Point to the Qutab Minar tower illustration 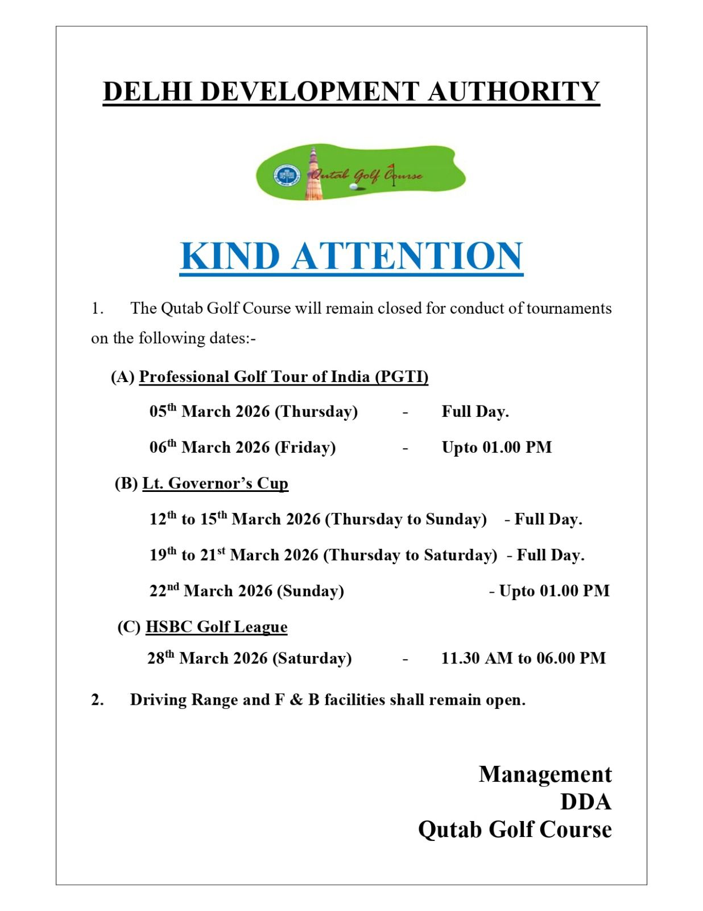(313, 174)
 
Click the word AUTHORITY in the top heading (514, 92)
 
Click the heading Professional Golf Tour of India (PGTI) (283, 377)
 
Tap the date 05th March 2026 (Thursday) (254, 411)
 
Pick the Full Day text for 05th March (475, 412)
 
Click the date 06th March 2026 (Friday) (243, 447)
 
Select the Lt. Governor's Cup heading (215, 483)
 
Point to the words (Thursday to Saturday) (410, 555)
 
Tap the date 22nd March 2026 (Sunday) (247, 590)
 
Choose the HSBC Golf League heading (216, 626)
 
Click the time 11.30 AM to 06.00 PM (523, 658)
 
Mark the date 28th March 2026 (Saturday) (250, 658)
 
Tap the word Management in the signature (545, 774)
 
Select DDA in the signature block (586, 802)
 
